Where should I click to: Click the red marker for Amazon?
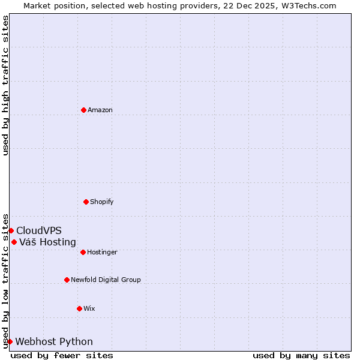83,110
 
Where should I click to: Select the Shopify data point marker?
86,202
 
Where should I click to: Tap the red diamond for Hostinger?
83,252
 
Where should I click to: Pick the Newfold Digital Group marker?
67,280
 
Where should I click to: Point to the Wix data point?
79,308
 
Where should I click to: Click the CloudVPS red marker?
11,230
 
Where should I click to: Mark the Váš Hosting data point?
14,242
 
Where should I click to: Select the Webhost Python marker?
10,341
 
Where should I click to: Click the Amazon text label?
100,110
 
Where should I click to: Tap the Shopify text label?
102,202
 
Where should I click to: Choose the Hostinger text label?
102,252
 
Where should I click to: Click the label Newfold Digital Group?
106,280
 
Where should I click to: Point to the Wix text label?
89,308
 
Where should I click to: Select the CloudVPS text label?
39,230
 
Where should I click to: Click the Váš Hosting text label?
47,242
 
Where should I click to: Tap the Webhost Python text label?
54,341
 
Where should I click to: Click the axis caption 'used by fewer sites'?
62,355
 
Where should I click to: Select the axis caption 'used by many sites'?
301,355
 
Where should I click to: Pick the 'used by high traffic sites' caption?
5,85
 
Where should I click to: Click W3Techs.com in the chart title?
310,5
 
